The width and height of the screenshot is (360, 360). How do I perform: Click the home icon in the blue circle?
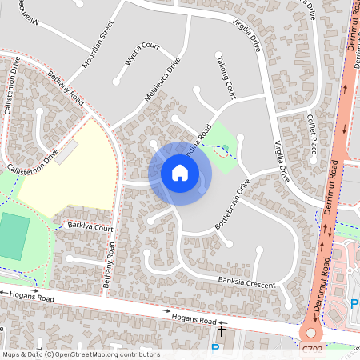click(x=180, y=173)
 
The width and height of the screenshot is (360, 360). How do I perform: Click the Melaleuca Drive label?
click(x=162, y=78)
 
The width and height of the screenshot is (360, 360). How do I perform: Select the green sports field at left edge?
click(x=13, y=236)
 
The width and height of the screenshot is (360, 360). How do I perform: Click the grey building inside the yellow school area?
click(x=67, y=150)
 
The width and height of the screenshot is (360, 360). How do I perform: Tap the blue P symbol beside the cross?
click(x=214, y=350)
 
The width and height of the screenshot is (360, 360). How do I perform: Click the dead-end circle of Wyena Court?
click(x=118, y=81)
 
